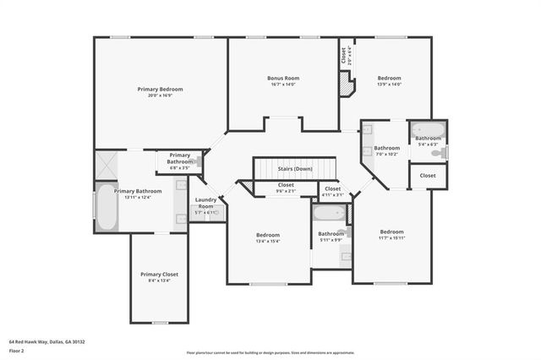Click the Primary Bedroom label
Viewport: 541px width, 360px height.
point(160,89)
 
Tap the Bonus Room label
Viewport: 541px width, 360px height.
point(285,78)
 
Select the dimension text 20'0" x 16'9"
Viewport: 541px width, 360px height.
point(160,95)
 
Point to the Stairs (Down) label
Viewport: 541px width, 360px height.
point(295,168)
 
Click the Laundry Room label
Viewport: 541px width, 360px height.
point(206,203)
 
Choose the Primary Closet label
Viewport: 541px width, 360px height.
point(159,274)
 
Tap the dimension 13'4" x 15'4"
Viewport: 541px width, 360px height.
point(268,241)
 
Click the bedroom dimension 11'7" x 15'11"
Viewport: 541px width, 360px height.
point(391,237)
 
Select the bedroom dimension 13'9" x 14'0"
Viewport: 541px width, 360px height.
point(389,85)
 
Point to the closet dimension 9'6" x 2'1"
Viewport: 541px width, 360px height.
point(286,190)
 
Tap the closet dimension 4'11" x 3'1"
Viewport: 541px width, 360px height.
point(333,194)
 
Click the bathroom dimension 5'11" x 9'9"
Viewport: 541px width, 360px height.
point(330,240)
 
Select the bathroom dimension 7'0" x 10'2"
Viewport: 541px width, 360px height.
point(386,155)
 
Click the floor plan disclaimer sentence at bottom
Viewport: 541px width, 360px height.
point(270,352)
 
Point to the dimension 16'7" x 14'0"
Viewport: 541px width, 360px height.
point(285,85)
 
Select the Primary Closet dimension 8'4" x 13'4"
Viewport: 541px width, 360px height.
point(159,281)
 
